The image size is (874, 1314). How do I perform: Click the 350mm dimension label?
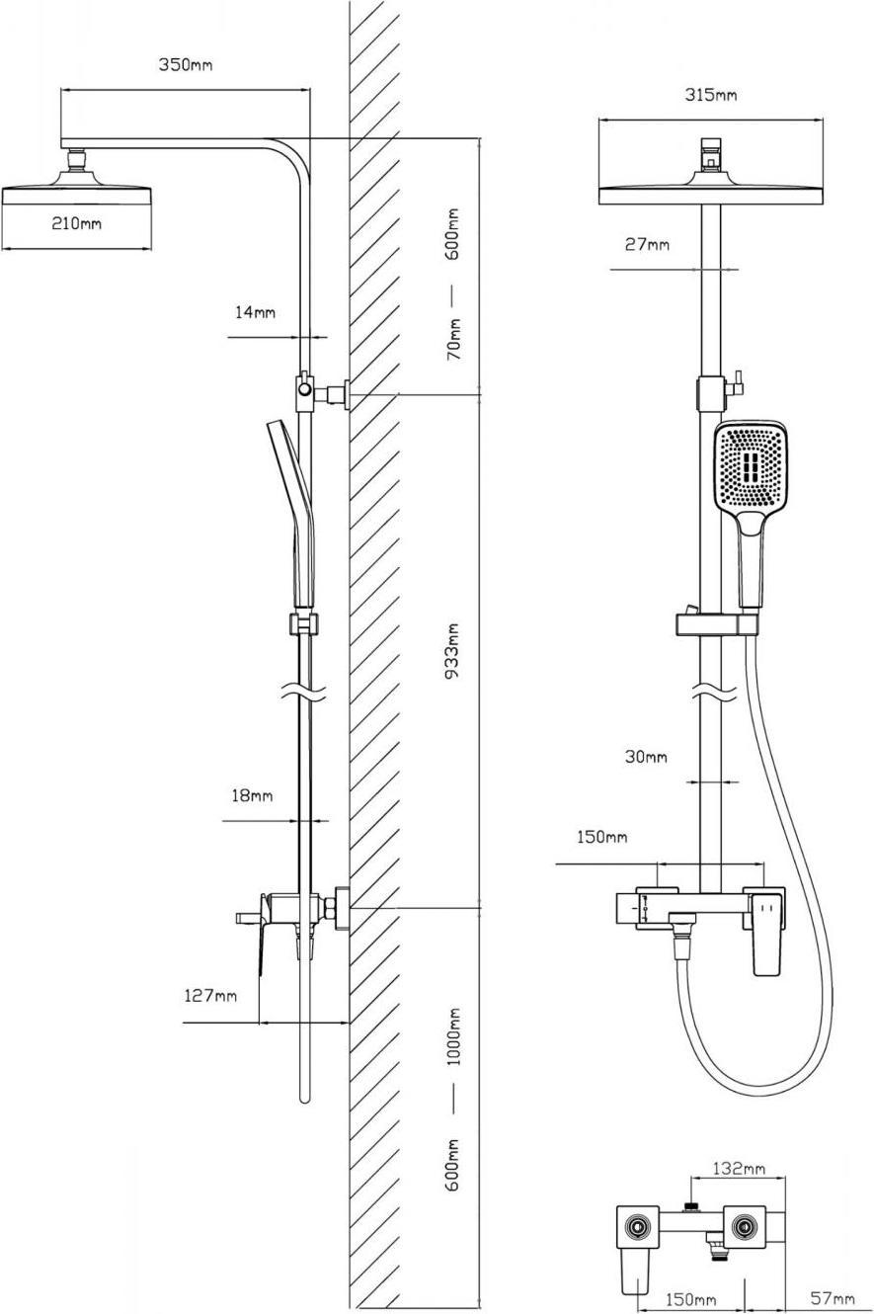(x=186, y=65)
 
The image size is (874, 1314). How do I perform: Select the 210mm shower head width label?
(x=76, y=223)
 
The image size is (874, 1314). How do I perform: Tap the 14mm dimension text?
(x=255, y=312)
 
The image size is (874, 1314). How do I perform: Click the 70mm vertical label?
(x=453, y=339)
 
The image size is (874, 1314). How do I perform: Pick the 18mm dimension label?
(x=252, y=795)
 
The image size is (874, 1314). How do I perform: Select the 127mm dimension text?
(x=210, y=996)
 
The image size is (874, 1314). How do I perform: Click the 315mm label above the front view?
(x=711, y=95)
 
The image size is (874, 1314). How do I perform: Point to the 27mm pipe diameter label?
(x=646, y=244)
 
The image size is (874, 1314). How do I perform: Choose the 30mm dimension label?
(x=645, y=758)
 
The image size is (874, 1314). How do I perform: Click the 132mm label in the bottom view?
(x=740, y=1169)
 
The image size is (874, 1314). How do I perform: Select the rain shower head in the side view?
(x=76, y=188)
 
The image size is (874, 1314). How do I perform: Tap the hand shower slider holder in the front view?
(x=717, y=624)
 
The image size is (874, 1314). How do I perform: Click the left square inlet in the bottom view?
(x=638, y=1228)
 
